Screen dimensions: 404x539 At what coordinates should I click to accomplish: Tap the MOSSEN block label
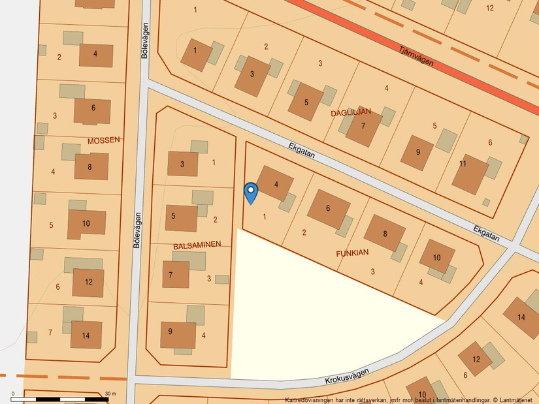click(x=103, y=140)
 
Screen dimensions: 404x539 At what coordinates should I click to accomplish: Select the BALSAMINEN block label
click(x=197, y=245)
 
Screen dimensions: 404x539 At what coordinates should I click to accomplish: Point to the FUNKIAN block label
click(x=352, y=252)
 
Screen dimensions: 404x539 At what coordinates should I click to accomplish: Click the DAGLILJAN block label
click(x=351, y=112)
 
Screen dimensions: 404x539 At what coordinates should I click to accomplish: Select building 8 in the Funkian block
click(x=385, y=233)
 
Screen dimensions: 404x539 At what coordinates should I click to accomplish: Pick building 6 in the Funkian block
click(x=328, y=208)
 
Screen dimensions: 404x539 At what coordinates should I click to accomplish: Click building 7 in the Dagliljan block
click(x=363, y=126)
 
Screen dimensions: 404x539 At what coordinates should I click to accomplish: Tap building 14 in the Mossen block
click(x=86, y=335)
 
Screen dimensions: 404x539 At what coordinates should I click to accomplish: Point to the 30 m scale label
click(x=110, y=394)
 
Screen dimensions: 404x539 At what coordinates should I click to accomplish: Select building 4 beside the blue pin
click(x=276, y=184)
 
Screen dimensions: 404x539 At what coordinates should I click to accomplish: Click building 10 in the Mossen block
click(x=86, y=223)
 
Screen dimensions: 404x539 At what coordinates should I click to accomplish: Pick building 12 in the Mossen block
click(x=88, y=283)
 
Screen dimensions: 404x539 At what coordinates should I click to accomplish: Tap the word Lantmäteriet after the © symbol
click(x=515, y=399)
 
